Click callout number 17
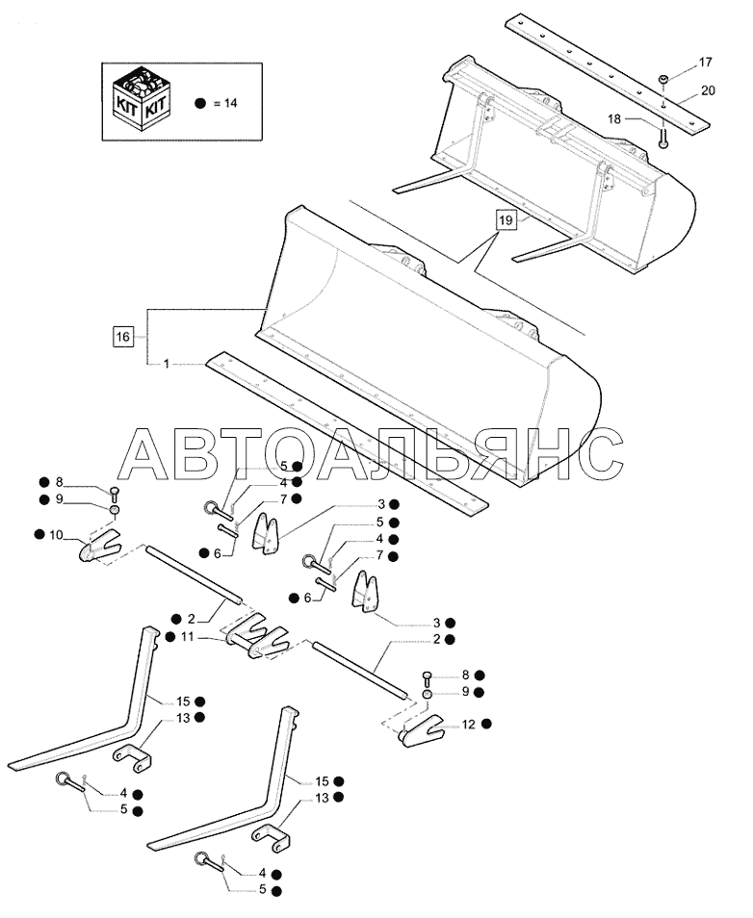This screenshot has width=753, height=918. tap(705, 64)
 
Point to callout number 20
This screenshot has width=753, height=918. tap(709, 89)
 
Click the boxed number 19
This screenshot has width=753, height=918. tap(506, 220)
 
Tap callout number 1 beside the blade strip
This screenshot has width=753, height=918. tap(167, 364)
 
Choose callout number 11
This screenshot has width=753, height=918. tap(187, 637)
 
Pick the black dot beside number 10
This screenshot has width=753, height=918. tap(37, 534)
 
